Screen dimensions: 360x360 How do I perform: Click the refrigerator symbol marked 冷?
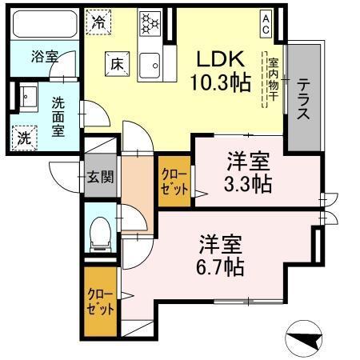tap(99, 22)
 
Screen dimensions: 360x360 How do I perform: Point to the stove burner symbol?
tap(150, 22)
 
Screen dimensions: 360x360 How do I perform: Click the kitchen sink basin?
tap(150, 64)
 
